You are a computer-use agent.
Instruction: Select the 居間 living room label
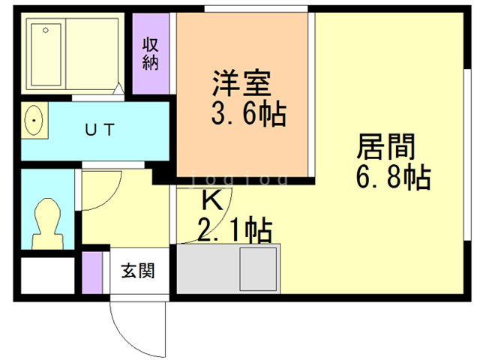point(385,143)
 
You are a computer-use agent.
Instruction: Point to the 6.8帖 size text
point(391,178)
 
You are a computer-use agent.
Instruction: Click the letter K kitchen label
point(212,200)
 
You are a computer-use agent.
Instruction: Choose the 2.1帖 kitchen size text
point(234,229)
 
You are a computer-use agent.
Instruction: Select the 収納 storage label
point(151,52)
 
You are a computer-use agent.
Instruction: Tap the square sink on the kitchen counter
point(258,268)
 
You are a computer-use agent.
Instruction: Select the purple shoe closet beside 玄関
point(91,274)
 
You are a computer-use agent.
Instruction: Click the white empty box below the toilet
point(47,275)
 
